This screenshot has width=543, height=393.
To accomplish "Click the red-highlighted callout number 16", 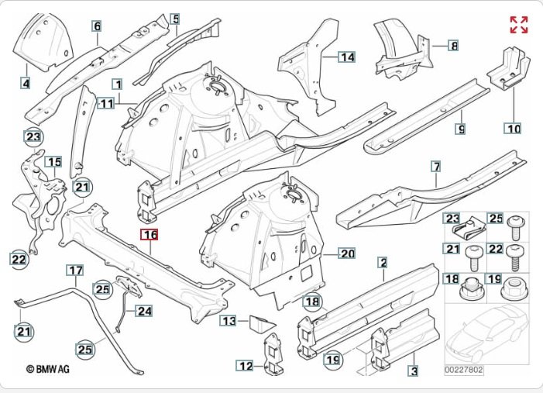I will tap(149, 234).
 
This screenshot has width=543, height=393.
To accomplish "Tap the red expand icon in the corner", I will tap(518, 24).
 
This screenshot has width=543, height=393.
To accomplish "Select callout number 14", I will tap(346, 57).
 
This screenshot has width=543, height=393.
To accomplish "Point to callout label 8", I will tap(453, 46).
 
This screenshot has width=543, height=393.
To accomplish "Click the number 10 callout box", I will tap(513, 128).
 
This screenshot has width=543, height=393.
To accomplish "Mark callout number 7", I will tap(436, 167).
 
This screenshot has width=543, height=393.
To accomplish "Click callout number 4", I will tap(26, 83).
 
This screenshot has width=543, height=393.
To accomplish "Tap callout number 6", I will tap(98, 27).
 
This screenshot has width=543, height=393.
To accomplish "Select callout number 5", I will tap(176, 19).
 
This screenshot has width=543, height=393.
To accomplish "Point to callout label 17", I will tap(74, 271).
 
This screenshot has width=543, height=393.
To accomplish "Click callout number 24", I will tap(144, 312).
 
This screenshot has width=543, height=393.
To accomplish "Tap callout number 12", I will tap(245, 366).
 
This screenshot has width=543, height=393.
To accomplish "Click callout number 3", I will tap(414, 372).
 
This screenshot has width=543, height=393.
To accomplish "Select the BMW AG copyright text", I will tap(48, 370).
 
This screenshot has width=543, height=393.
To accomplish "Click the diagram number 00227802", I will tap(463, 371).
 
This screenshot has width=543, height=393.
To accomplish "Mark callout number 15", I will tap(53, 161).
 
